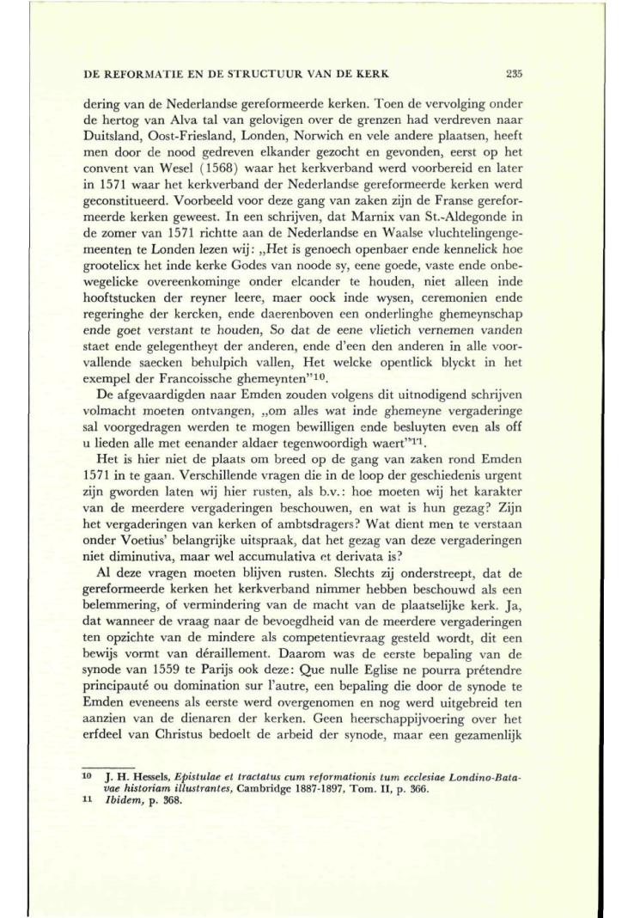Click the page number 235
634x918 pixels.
(515, 73)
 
